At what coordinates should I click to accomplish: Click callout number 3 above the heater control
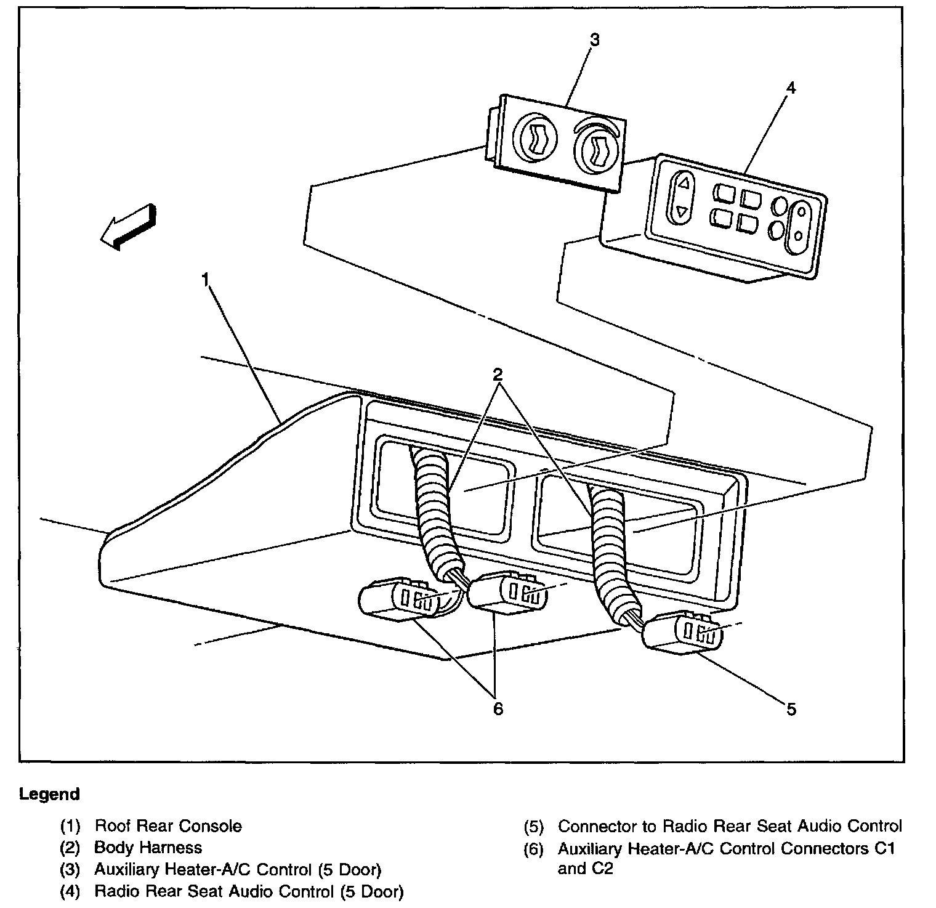594,41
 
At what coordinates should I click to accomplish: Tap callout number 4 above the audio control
791,88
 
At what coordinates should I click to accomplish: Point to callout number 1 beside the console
205,281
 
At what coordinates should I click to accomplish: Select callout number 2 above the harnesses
498,374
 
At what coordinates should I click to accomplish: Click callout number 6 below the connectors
498,709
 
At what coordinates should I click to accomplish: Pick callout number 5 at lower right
791,710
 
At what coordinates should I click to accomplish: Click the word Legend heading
49,794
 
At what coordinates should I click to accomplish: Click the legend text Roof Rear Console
168,825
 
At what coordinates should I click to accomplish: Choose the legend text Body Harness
148,848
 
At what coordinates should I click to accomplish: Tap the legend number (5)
534,826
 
